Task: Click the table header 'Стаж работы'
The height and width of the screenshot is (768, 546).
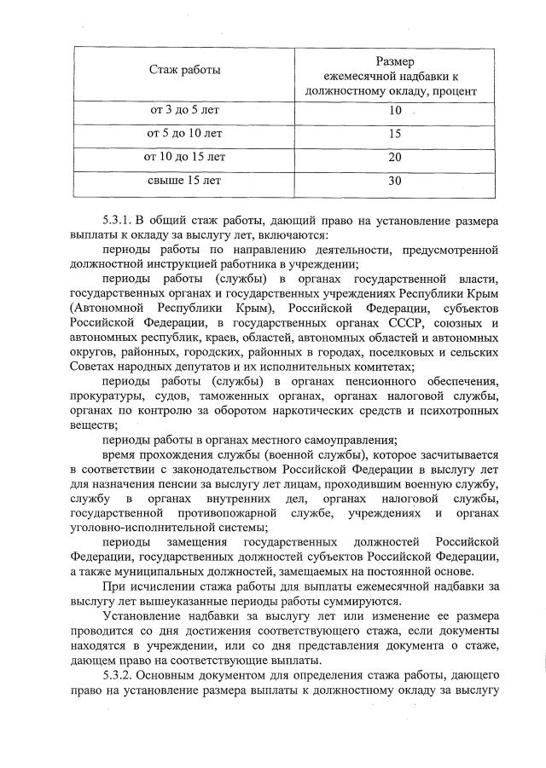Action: [x=184, y=69]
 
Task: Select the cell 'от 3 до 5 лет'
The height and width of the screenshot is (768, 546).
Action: [x=184, y=112]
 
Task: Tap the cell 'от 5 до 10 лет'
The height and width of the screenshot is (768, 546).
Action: [x=184, y=134]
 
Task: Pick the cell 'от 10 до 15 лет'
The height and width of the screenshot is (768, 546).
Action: [x=184, y=157]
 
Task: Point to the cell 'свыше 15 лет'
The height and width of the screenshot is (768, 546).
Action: [x=184, y=180]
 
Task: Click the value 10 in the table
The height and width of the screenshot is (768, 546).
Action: [x=393, y=112]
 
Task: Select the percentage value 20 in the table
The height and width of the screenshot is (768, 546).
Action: [x=393, y=157]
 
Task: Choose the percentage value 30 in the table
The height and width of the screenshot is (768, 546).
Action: [x=393, y=180]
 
